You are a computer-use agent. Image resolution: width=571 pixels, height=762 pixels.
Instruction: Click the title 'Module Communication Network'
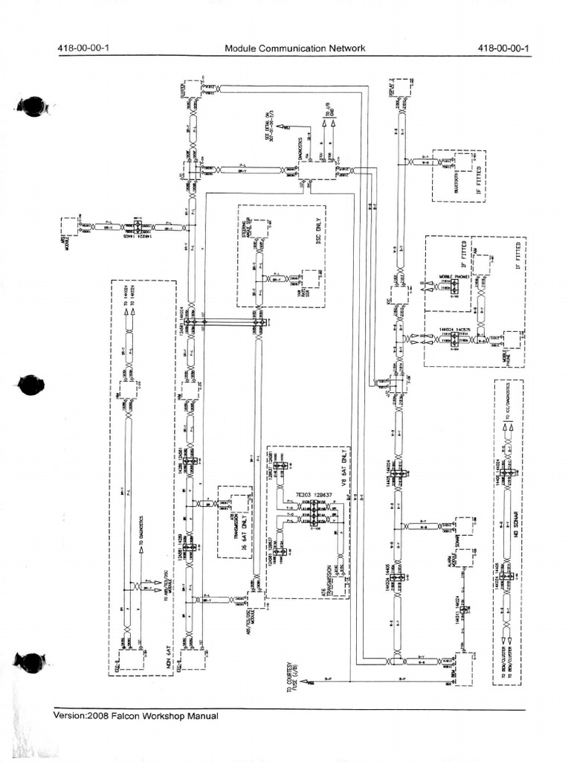[x=295, y=49]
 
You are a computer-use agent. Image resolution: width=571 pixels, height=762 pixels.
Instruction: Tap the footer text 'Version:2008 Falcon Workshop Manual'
[x=136, y=716]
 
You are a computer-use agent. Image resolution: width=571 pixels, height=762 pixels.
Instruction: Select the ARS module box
[x=68, y=228]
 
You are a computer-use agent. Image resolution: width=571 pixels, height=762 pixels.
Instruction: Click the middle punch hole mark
[x=31, y=385]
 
